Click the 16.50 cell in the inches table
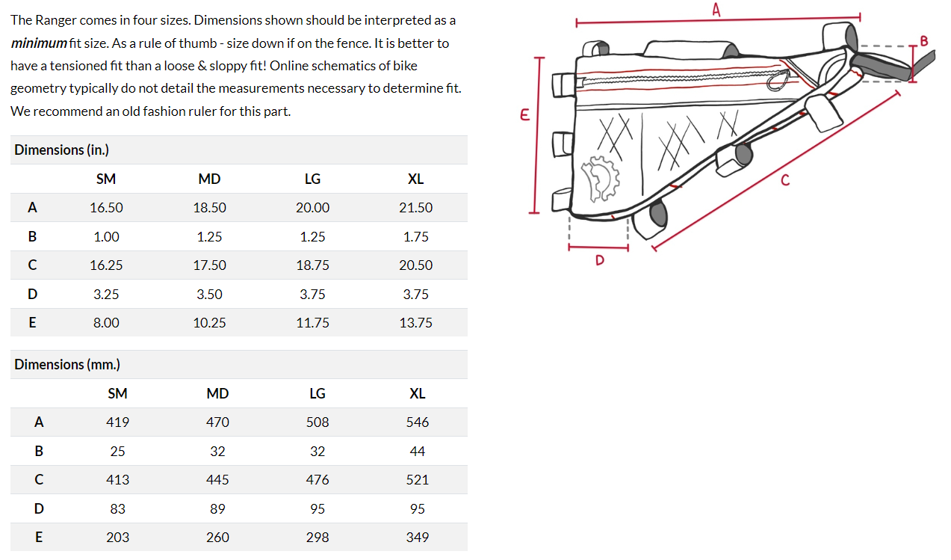click(106, 208)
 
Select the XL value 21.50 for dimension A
click(415, 208)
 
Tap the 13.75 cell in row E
click(415, 323)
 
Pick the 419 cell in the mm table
click(117, 422)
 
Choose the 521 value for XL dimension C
click(417, 480)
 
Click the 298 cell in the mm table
click(317, 538)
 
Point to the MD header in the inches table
click(209, 179)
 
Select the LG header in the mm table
click(317, 394)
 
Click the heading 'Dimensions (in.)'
click(61, 150)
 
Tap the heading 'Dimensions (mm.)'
click(67, 365)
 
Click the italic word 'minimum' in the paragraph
click(39, 43)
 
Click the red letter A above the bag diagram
click(716, 10)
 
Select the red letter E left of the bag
click(524, 115)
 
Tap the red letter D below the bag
click(599, 260)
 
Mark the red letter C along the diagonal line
click(784, 179)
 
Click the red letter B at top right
click(924, 40)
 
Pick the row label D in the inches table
click(32, 295)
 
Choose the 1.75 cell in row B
click(415, 237)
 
